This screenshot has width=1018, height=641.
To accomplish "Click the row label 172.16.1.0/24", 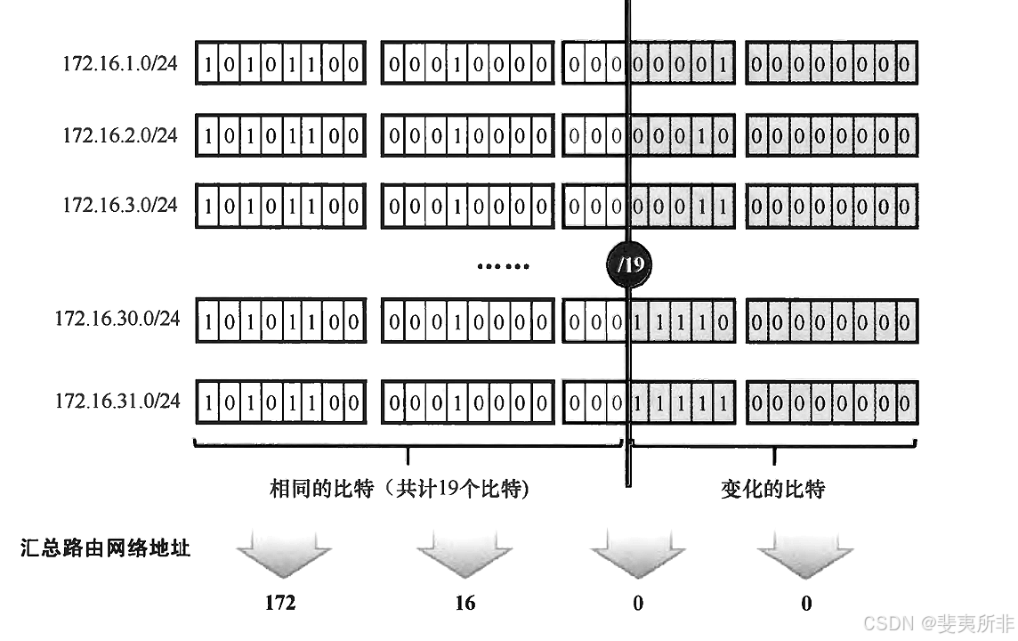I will point(119,64).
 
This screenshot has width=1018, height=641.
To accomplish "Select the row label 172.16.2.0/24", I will point(119,135).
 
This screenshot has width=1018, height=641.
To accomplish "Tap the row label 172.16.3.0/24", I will point(119,205).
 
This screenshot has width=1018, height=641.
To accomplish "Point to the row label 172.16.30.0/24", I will point(117,318).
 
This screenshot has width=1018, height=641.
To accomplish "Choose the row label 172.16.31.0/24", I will point(117,401).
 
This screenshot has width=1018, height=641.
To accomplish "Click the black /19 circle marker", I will point(627,264).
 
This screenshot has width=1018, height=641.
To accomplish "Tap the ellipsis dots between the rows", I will point(504,265).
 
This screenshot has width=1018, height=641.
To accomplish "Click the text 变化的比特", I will point(773,489).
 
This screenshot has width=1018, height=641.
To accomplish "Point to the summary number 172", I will point(280,603).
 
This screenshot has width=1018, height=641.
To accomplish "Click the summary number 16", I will point(465,603).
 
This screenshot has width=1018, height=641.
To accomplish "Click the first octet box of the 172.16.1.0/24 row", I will point(280,64).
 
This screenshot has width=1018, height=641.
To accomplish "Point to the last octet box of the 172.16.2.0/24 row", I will point(830,135).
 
